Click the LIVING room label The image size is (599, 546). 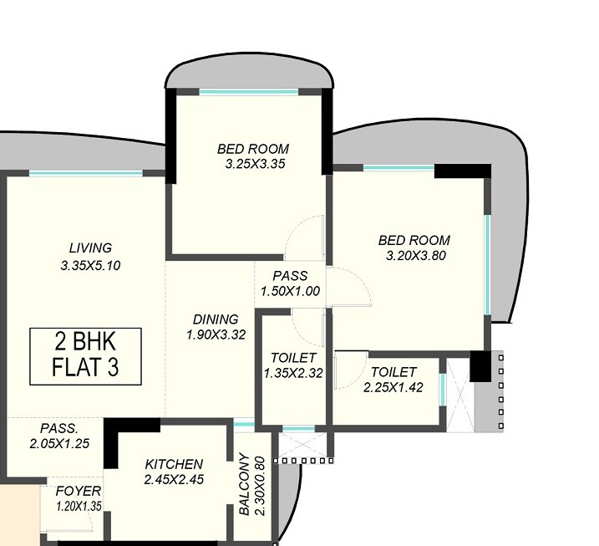tap(90, 247)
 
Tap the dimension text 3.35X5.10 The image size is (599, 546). tap(90, 266)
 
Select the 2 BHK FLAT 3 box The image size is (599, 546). tap(86, 355)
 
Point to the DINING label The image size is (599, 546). tap(216, 319)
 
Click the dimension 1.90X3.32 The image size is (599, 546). tap(216, 334)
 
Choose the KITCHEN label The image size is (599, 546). tap(174, 464)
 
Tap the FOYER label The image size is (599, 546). tap(79, 490)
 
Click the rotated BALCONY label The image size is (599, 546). tap(243, 485)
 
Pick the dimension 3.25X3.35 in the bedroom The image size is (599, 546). tap(256, 165)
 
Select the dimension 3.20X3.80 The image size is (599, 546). tap(414, 256)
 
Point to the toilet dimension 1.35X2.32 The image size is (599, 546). tap(292, 373)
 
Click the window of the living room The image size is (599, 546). tap(86, 173)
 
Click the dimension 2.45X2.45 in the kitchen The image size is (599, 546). tap(174, 480)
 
